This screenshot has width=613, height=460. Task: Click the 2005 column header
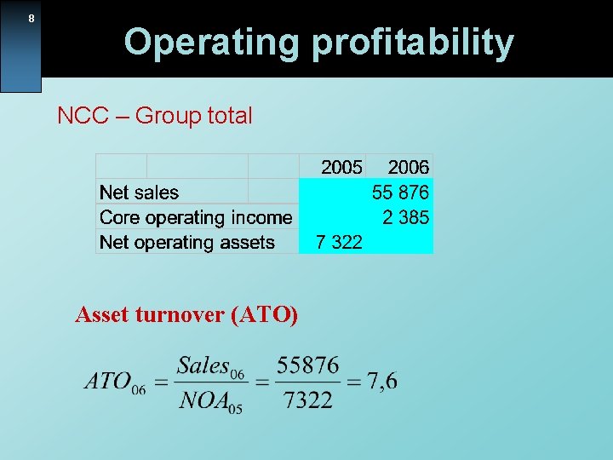[341, 167]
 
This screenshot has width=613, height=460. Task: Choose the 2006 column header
[409, 167]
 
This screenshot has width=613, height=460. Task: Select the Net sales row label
[140, 193]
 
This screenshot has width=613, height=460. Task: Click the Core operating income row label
[196, 217]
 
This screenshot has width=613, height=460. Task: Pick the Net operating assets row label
[187, 242]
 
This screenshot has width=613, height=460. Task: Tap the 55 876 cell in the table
[400, 193]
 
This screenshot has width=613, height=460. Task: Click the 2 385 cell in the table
[405, 217]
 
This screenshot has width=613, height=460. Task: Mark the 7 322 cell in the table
[339, 242]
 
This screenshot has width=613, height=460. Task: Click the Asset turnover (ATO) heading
[186, 315]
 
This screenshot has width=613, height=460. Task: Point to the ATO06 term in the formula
[115, 382]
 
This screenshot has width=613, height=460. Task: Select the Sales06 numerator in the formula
[210, 367]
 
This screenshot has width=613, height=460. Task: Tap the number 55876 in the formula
[307, 366]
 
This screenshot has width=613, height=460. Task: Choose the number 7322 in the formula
[307, 400]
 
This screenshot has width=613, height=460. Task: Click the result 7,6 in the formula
[382, 382]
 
